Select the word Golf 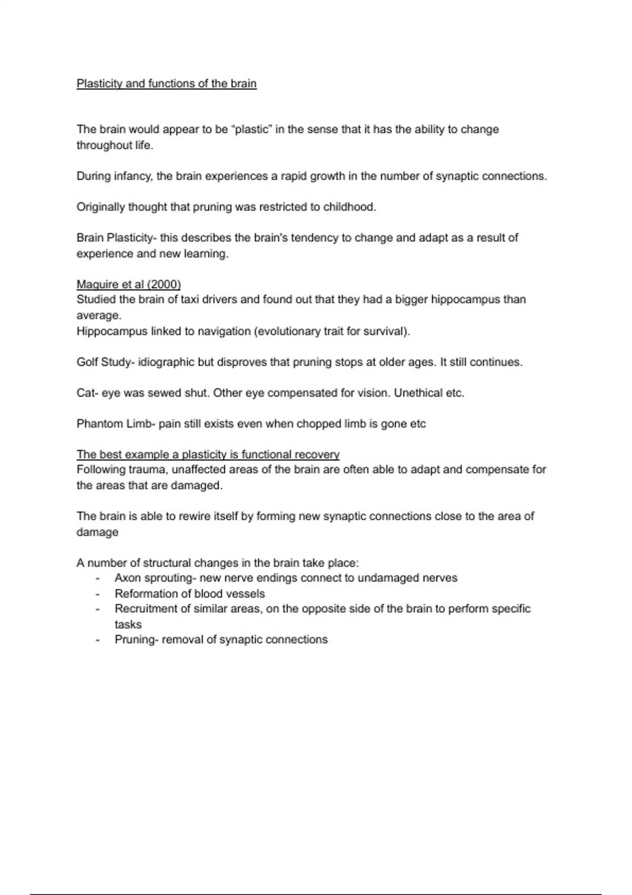coord(87,362)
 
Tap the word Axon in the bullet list coord(127,578)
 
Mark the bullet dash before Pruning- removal coord(97,640)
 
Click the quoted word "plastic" coord(251,130)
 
